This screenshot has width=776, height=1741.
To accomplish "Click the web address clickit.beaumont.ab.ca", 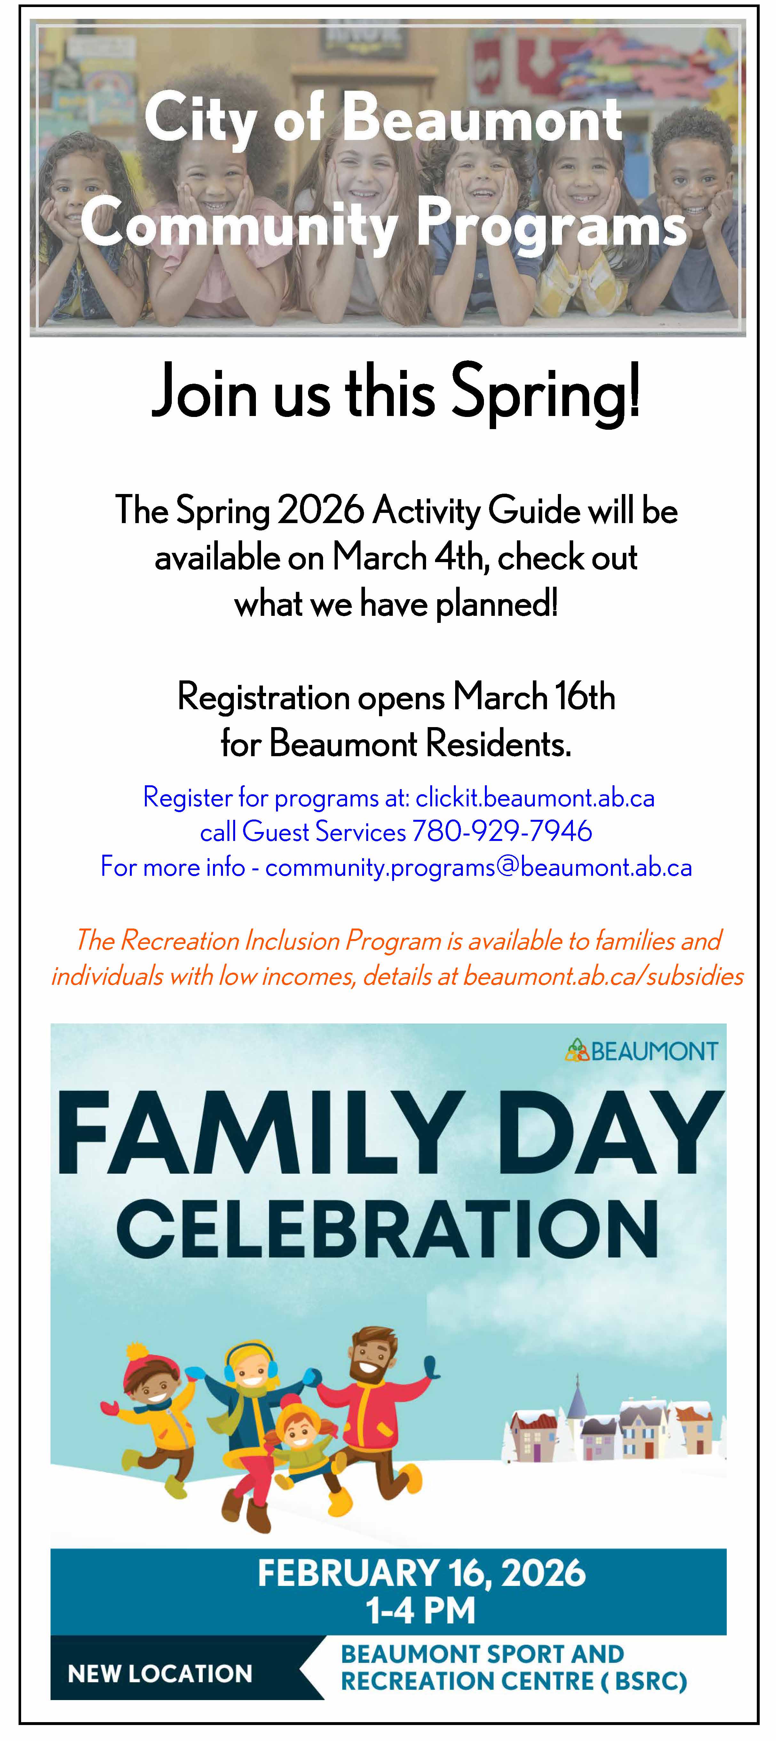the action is tap(535, 797).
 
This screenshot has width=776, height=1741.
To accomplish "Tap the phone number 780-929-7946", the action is tap(502, 831).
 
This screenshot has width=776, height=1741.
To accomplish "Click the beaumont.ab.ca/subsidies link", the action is tap(603, 976).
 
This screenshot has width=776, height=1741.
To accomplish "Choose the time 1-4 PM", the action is tap(420, 1610).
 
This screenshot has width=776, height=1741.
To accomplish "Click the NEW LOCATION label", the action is tap(160, 1674).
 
